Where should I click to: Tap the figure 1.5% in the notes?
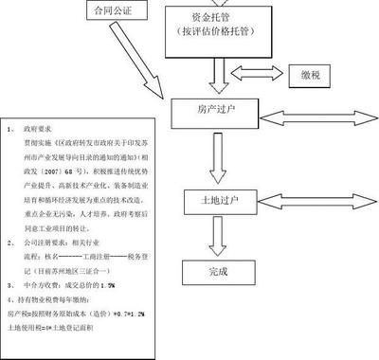[108, 282]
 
